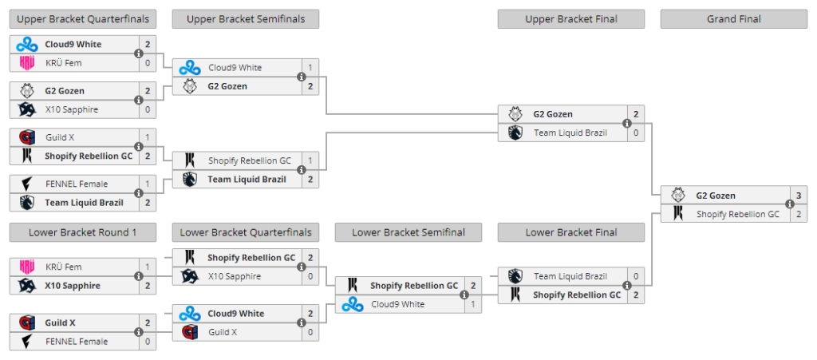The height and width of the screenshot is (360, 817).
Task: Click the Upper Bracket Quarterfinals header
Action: [x=83, y=19]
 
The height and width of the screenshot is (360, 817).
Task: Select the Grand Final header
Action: [x=734, y=19]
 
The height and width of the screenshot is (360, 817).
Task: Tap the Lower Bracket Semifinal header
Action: [x=408, y=232]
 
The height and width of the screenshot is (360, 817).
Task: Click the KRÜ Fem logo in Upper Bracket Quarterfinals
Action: [x=26, y=63]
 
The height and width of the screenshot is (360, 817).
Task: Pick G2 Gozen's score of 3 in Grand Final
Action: [x=799, y=196]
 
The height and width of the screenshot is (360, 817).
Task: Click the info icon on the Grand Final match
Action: [x=789, y=204]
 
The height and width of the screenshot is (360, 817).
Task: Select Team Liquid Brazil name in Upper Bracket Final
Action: [x=570, y=133]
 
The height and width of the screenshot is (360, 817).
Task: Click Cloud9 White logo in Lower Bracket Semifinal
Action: [x=352, y=304]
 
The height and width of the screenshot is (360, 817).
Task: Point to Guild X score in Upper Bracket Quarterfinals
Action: [x=148, y=137]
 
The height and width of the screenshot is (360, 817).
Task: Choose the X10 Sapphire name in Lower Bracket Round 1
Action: [x=73, y=286]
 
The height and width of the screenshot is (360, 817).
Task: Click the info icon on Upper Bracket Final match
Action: [x=627, y=124]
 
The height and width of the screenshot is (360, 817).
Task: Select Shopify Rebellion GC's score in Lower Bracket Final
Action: [x=636, y=295]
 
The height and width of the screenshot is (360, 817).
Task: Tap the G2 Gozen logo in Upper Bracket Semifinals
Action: [x=190, y=86]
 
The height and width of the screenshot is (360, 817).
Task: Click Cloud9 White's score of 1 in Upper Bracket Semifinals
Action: [x=310, y=68]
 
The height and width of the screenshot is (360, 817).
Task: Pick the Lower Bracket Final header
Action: [x=571, y=232]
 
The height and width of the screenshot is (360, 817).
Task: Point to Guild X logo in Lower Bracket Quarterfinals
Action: [x=190, y=332]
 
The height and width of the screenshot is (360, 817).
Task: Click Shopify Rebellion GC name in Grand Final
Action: [x=738, y=214]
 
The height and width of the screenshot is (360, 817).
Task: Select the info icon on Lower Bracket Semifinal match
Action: [x=464, y=295]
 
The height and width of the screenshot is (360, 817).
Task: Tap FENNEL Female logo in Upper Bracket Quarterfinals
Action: [x=26, y=184]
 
